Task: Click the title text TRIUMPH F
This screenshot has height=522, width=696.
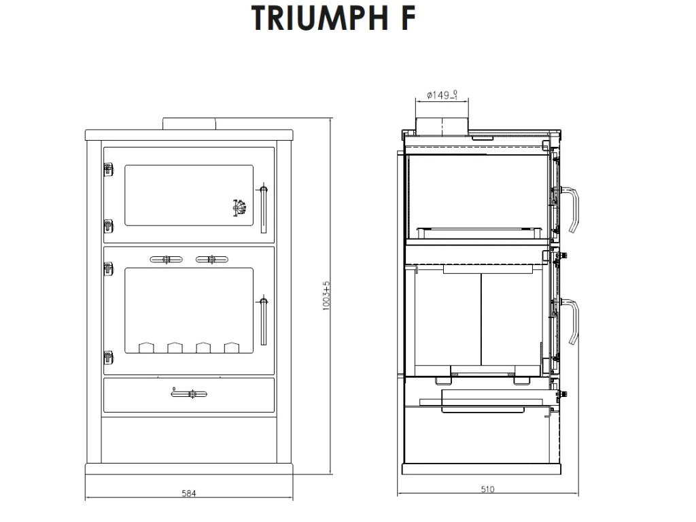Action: coord(333,18)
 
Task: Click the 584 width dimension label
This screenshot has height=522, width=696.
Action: coord(189,493)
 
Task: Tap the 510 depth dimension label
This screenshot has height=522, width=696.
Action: coord(487,489)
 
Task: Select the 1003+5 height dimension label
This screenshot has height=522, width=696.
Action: coord(327,296)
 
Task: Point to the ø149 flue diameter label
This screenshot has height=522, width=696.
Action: coord(442,95)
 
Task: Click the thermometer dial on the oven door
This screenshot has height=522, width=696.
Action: coord(239,208)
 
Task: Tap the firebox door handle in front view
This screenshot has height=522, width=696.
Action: coord(263,319)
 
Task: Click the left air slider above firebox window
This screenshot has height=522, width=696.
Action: coord(166,260)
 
